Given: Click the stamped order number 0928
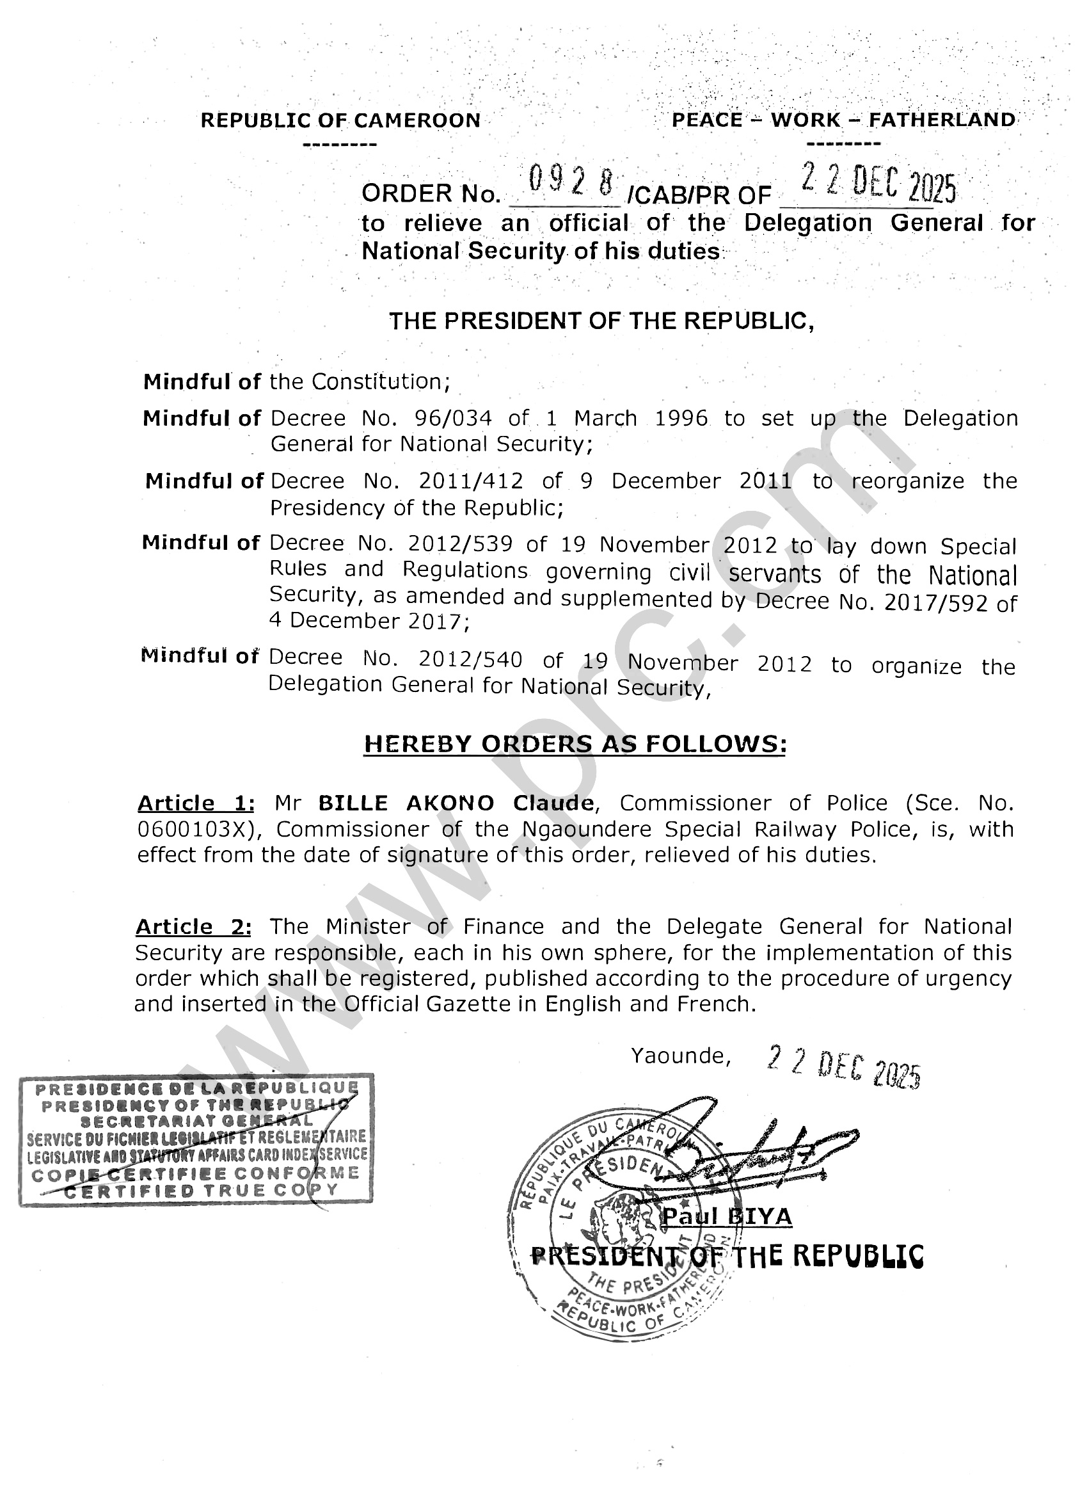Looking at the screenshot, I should [571, 182].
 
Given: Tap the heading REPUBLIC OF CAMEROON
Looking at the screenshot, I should [340, 120].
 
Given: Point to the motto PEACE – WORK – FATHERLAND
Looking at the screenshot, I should [843, 120].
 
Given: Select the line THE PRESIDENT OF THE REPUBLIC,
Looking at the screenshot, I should [601, 321].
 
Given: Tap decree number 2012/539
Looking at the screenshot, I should [460, 544].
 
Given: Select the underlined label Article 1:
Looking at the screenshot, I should [196, 803].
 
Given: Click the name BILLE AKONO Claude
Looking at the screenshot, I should [456, 803].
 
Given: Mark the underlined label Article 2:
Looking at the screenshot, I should [193, 927].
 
